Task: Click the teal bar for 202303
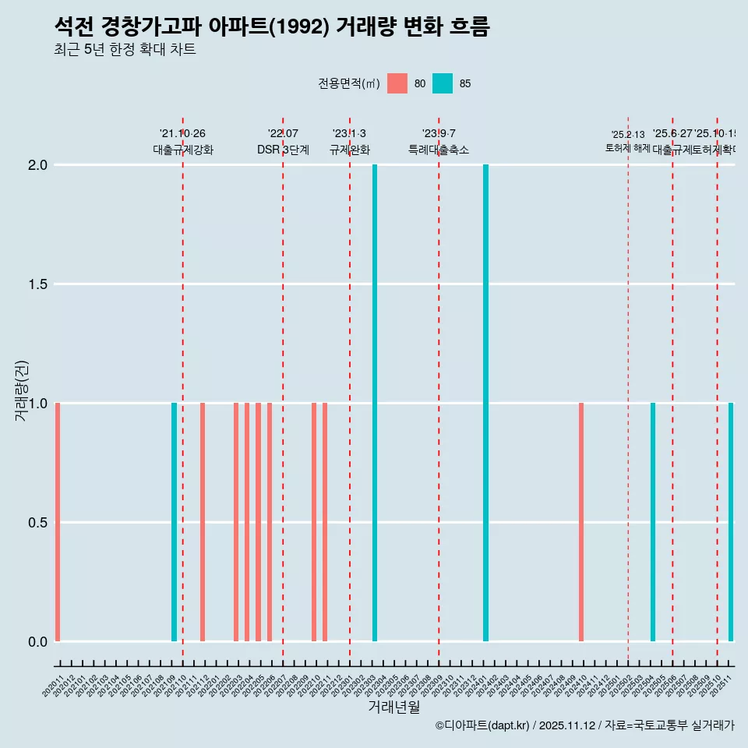[375, 403]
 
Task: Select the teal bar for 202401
[485, 403]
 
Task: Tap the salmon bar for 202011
[58, 522]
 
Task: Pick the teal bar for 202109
[174, 522]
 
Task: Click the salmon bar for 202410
[581, 522]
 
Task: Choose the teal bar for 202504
[653, 522]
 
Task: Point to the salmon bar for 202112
[203, 522]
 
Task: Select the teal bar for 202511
[731, 522]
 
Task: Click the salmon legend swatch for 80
[397, 83]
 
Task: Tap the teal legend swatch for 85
[443, 83]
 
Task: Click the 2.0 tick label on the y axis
[37, 165]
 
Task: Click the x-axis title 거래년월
[393, 707]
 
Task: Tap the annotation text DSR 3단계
[283, 150]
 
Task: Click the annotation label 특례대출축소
[439, 150]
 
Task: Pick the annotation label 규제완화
[349, 150]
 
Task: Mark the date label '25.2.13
[628, 135]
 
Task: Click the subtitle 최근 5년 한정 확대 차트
[125, 50]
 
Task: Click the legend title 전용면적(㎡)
[348, 83]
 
